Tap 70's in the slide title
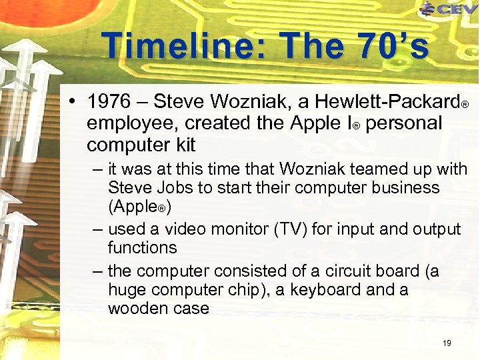point(383,47)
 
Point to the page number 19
point(447,343)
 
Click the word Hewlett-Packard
point(386,102)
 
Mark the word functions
point(142,247)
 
